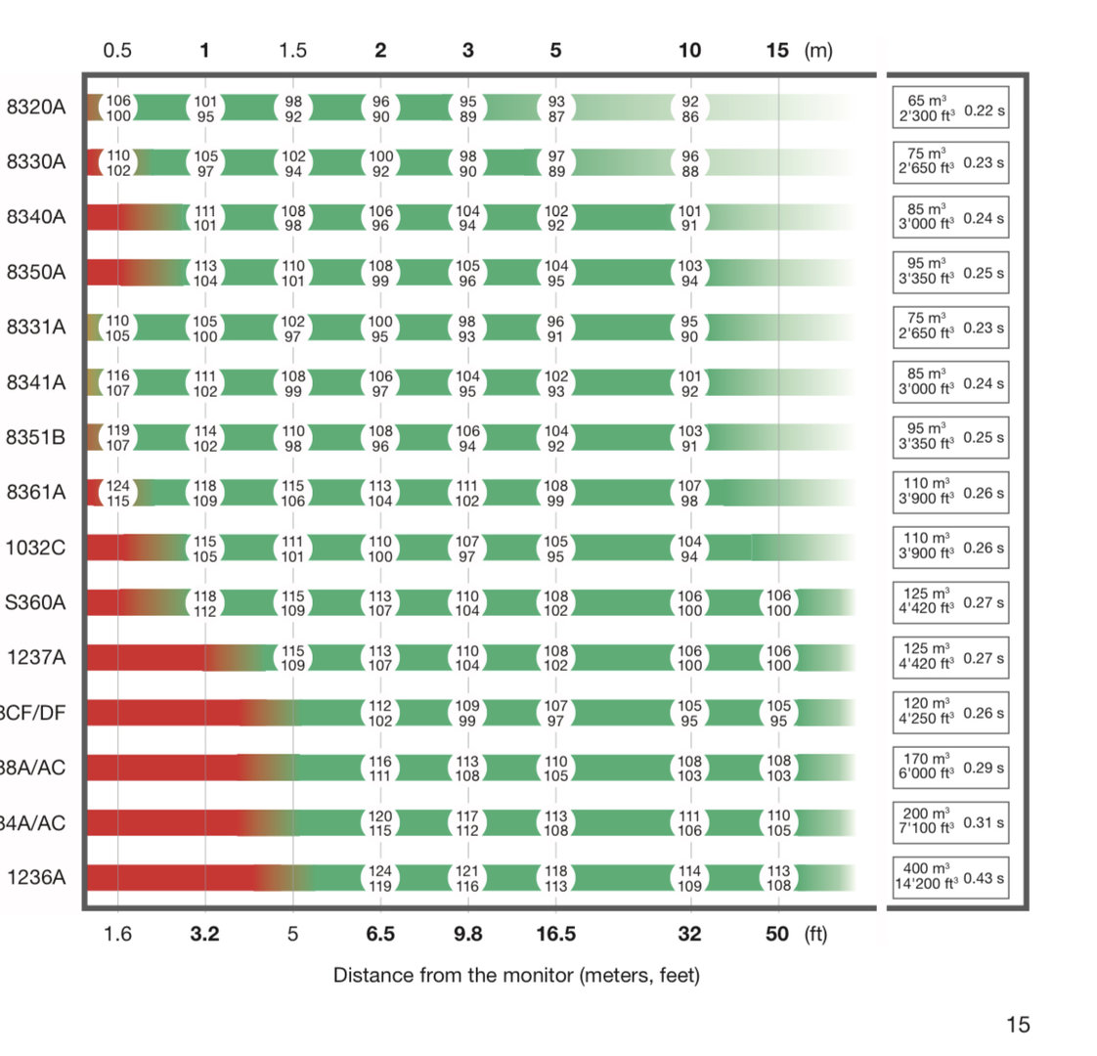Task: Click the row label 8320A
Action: click(36, 108)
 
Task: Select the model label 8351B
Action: click(36, 437)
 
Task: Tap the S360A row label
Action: click(36, 602)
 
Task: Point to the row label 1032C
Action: click(36, 548)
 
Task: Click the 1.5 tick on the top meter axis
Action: click(292, 50)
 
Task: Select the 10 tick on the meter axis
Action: click(689, 50)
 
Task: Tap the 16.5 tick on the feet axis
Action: click(555, 934)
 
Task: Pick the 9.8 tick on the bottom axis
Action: click(467, 934)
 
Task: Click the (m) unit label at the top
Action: click(817, 50)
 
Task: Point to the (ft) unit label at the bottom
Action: click(815, 934)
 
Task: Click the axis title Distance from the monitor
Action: click(516, 975)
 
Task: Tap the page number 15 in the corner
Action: click(1018, 1024)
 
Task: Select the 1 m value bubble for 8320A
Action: click(205, 108)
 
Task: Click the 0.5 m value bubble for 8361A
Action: click(118, 493)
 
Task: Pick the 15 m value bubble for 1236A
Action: click(778, 878)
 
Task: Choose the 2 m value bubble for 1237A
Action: click(380, 658)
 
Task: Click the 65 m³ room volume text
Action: click(927, 101)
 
